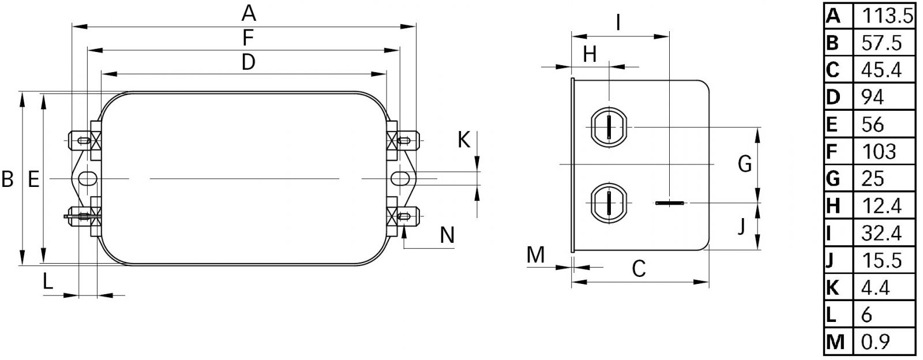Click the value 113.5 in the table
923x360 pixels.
coord(887,16)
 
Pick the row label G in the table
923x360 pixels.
coord(833,179)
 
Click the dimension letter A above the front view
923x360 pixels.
coord(249,13)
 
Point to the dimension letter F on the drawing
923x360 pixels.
coord(247,38)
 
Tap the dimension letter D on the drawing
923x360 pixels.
coord(248,62)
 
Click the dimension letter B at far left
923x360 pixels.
coord(7,179)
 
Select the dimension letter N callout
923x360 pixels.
coord(447,235)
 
